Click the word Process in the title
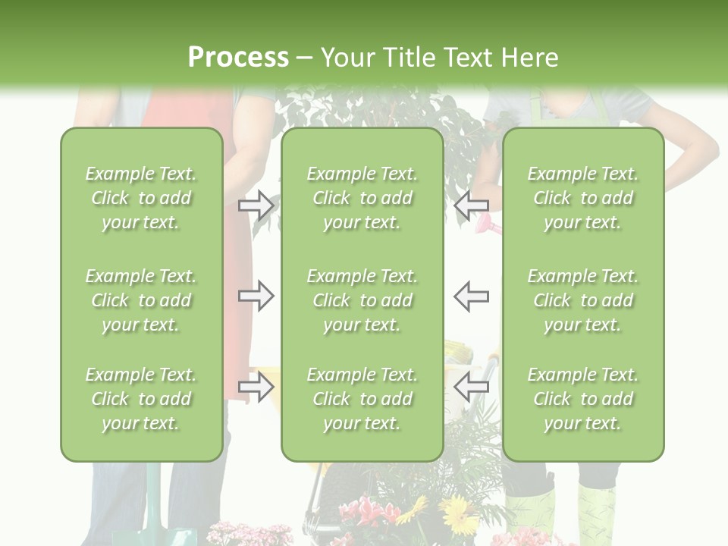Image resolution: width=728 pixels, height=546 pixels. click(x=238, y=58)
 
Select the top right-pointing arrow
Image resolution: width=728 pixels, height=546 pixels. click(x=256, y=205)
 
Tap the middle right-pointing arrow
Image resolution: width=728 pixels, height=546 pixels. click(x=256, y=296)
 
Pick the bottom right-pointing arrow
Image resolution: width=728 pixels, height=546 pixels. click(x=256, y=387)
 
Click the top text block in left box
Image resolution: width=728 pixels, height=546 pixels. click(x=141, y=198)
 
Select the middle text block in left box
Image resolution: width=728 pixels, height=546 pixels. click(x=141, y=300)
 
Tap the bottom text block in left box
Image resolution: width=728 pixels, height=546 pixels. click(x=141, y=399)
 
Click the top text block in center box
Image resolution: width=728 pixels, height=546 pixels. click(x=362, y=198)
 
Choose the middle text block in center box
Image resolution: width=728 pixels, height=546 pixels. click(x=362, y=300)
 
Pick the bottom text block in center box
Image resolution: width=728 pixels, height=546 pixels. click(x=362, y=399)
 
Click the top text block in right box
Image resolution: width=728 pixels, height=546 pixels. click(x=582, y=198)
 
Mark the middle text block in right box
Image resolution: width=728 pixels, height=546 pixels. click(x=582, y=300)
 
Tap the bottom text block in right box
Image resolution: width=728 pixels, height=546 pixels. click(x=582, y=399)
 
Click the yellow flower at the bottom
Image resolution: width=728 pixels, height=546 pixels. click(x=458, y=516)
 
